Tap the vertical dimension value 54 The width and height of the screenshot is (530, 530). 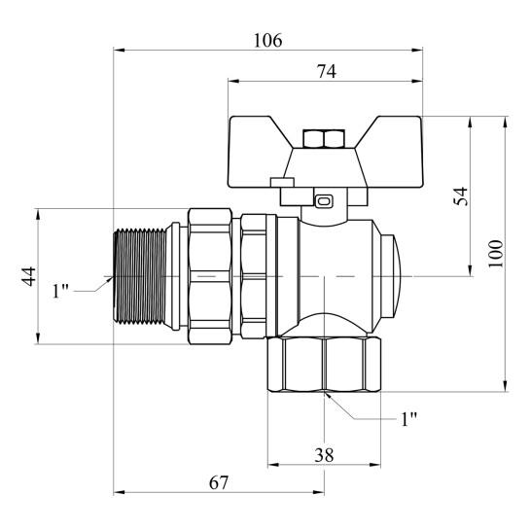coord(462,195)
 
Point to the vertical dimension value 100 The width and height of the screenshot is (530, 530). coord(497,254)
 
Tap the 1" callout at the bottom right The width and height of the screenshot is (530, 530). coord(408,419)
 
